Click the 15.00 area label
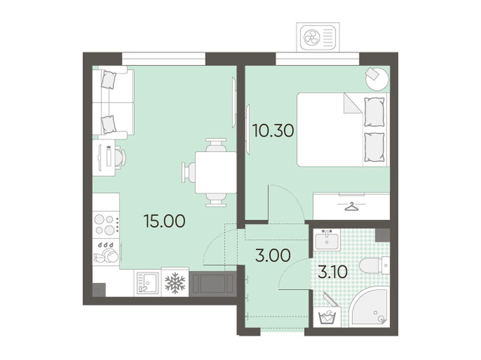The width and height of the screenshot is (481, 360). pos(164,221)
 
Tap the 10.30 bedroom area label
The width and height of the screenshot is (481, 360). pos(273,130)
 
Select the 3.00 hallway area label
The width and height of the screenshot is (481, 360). pos(273,255)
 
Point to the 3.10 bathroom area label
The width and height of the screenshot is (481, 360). pos(333,272)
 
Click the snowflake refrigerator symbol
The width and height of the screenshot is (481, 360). pos(175,283)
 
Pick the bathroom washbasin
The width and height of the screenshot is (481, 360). pos(327,240)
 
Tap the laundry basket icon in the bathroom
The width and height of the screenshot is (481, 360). pos(327,316)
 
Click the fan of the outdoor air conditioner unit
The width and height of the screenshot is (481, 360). pos(312,38)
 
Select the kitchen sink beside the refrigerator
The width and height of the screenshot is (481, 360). pos(147,283)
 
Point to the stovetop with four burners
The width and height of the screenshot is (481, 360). pos(106,225)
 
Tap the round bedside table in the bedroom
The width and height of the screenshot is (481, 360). pos(377,79)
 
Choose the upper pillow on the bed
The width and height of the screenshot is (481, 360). pos(374,112)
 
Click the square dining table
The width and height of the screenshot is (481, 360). pos(216,173)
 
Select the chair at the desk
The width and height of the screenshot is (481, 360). pos(120,158)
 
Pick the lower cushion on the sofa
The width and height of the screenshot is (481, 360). pos(109,124)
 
